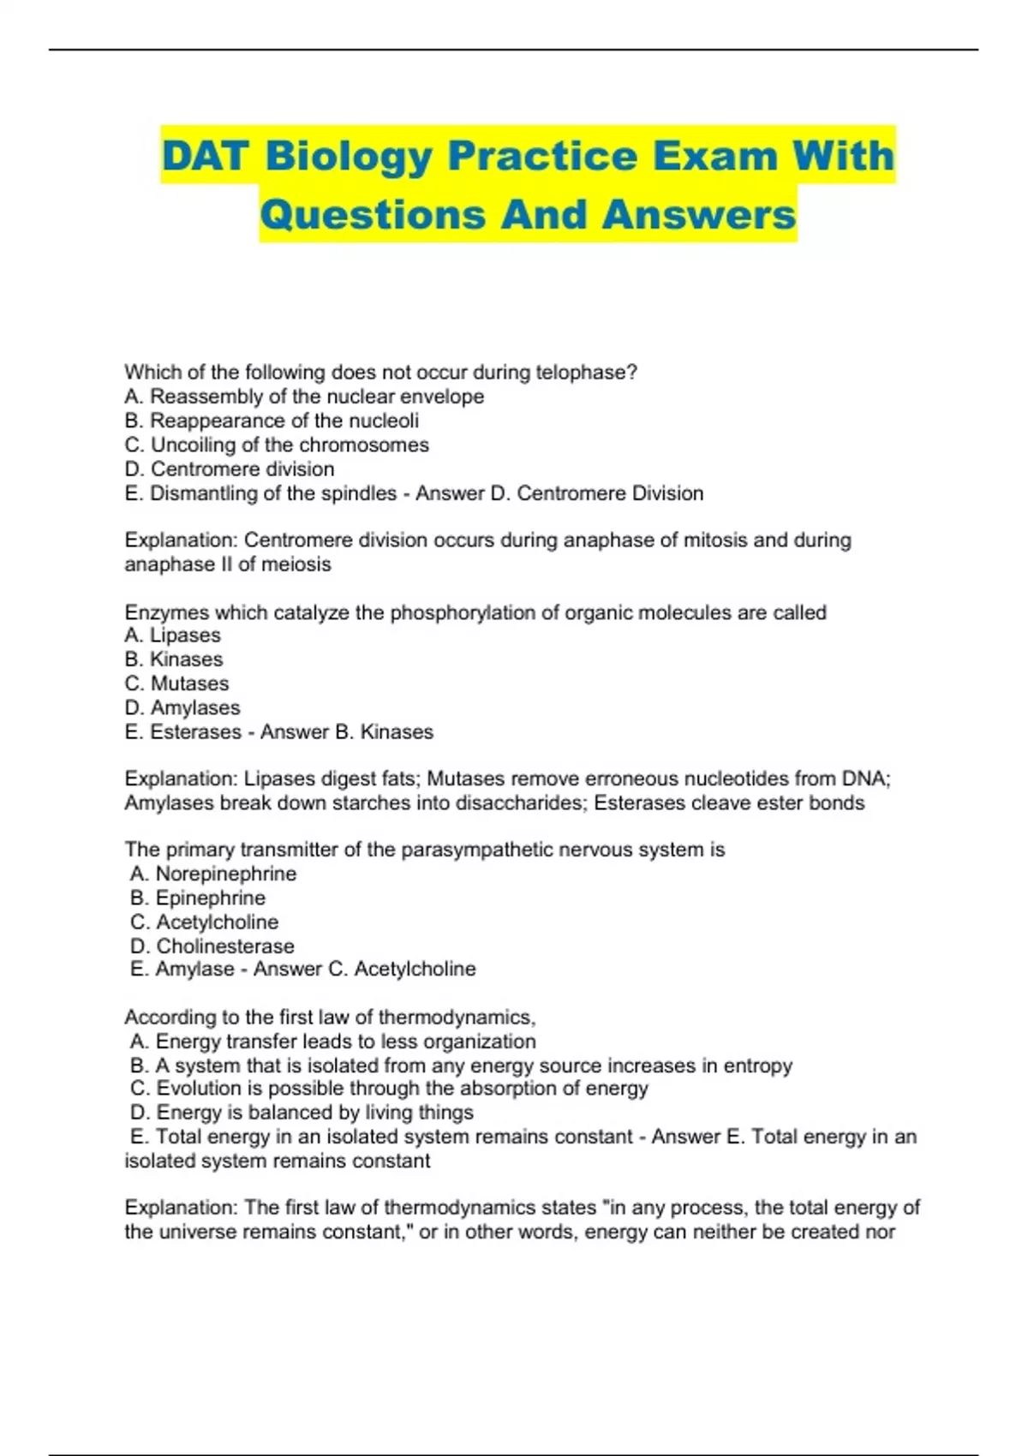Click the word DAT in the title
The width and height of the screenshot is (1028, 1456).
pyautogui.click(x=206, y=156)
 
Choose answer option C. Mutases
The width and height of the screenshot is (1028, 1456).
pyautogui.click(x=177, y=683)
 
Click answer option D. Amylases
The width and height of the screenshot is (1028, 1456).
pyautogui.click(x=182, y=707)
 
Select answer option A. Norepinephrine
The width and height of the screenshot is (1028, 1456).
pyautogui.click(x=213, y=874)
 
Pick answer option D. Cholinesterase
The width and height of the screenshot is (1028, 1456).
pyautogui.click(x=212, y=946)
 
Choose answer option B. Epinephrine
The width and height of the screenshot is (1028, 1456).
pyautogui.click(x=198, y=898)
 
